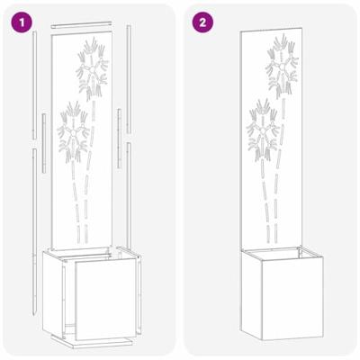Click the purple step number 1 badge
[x=19, y=19]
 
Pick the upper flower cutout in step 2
[x=280, y=65]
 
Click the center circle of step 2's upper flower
[x=281, y=68]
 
